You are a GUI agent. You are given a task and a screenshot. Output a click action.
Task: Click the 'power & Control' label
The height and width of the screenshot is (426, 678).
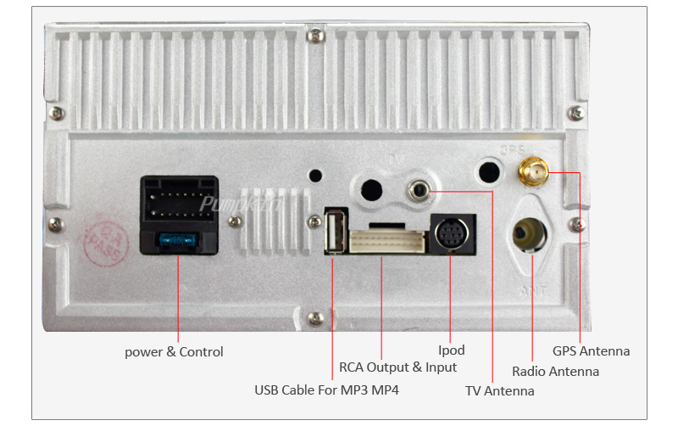(174, 351)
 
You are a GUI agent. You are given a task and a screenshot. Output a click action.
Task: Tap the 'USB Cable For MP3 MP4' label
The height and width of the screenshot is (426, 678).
(326, 390)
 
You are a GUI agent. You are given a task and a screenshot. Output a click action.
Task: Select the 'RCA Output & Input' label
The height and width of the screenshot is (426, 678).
(397, 367)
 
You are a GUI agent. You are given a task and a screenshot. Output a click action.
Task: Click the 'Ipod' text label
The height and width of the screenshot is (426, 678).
(451, 350)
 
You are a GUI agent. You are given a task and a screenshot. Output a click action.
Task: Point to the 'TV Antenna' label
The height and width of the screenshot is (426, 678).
(500, 391)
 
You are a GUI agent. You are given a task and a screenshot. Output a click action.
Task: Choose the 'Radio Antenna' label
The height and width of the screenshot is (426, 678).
(555, 372)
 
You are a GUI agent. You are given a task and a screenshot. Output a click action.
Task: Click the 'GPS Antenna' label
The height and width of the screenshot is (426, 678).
(591, 350)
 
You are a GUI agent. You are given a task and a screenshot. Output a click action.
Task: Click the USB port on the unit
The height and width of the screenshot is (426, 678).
(334, 232)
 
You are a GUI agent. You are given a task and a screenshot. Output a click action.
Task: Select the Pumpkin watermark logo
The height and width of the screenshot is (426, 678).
(228, 204)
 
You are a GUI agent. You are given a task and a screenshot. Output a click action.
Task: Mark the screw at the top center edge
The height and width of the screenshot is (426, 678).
(315, 36)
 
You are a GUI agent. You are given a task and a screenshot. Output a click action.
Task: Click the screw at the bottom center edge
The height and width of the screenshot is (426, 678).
(315, 318)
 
